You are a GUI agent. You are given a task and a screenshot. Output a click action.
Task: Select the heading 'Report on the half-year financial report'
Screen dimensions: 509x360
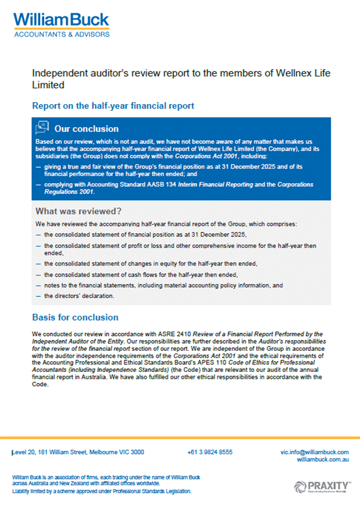(x=113, y=106)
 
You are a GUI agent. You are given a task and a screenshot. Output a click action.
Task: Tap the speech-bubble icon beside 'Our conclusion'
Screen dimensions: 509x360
(x=42, y=128)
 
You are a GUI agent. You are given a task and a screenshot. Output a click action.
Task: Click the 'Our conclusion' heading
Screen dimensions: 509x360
(x=86, y=128)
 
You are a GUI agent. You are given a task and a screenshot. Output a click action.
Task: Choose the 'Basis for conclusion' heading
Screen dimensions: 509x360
(x=75, y=317)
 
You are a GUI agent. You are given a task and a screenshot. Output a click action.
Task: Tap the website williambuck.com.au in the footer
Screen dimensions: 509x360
(x=322, y=459)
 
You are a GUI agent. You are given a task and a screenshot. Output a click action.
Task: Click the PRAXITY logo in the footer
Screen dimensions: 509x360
(x=322, y=486)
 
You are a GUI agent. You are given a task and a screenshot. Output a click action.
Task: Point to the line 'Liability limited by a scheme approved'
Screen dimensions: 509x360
(x=101, y=492)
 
